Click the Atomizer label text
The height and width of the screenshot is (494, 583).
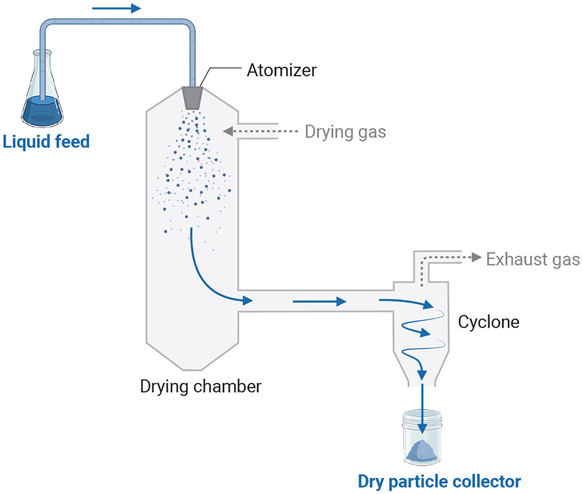point(281,70)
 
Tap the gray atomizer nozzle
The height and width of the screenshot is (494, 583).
point(192,98)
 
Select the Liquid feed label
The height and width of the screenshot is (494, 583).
point(46,142)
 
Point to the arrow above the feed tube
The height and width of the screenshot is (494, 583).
point(117,8)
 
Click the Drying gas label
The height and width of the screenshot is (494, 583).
point(345,132)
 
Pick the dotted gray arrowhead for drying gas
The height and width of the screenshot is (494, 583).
point(228,131)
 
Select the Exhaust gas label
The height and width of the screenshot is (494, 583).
point(533,259)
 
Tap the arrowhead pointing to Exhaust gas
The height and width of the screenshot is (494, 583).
point(476,258)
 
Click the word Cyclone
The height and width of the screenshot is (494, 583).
point(488,322)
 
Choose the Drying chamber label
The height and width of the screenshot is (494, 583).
point(200,386)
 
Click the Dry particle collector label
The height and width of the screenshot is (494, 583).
point(439,481)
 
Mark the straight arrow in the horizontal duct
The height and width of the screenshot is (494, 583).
point(320,302)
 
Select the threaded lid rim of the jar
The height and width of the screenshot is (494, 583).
point(422,418)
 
